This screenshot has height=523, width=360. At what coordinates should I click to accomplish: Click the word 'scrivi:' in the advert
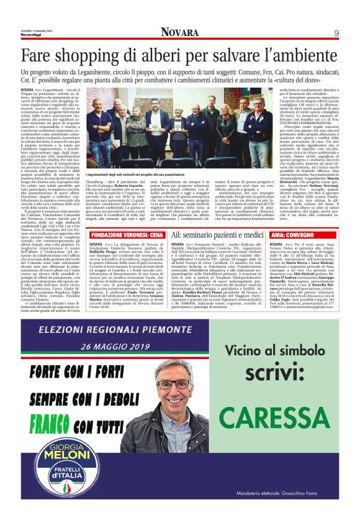point(271,374)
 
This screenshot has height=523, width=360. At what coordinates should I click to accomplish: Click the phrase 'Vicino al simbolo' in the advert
point(271,352)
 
